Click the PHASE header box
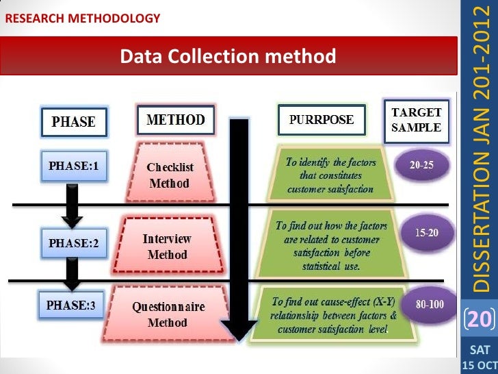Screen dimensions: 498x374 74,123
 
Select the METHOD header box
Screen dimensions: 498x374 176,120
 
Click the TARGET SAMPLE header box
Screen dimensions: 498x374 416,119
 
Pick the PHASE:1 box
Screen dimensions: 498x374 74,166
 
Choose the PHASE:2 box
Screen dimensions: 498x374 74,242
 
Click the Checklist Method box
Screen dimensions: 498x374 170,175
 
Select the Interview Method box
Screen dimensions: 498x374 167,247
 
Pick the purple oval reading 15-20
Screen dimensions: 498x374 427,233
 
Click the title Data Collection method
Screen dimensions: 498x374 228,55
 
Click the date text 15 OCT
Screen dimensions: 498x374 480,364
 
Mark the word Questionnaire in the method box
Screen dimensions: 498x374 168,308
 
